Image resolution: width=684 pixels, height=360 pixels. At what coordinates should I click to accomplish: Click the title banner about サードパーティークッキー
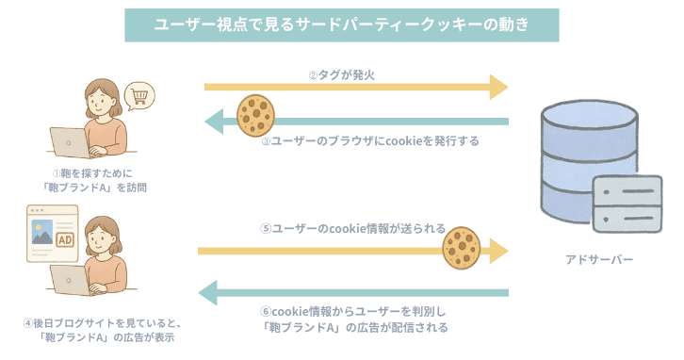[x=342, y=24]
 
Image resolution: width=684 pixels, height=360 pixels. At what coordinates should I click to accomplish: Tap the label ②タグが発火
[x=345, y=74]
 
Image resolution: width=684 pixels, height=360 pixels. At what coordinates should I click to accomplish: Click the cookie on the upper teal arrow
[x=254, y=113]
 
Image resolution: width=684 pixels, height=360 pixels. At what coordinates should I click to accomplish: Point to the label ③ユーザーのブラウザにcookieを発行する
[x=370, y=140]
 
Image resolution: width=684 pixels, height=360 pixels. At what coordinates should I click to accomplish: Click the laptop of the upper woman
[x=72, y=141]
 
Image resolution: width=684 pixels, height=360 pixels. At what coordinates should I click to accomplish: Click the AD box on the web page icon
[x=67, y=240]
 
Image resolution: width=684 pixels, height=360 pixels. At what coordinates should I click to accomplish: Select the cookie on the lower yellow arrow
[x=462, y=247]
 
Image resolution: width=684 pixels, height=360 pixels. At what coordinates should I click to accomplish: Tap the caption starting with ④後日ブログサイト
[x=101, y=329]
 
